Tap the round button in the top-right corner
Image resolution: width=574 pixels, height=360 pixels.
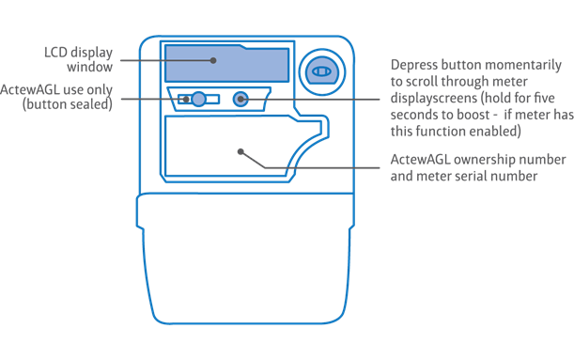coord(320,70)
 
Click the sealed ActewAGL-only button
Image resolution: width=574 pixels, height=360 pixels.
coord(198,99)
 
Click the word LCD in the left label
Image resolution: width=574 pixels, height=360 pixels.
coord(57,53)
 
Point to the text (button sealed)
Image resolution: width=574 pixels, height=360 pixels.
coord(68,105)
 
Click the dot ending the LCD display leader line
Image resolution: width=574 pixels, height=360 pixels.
coord(214,60)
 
